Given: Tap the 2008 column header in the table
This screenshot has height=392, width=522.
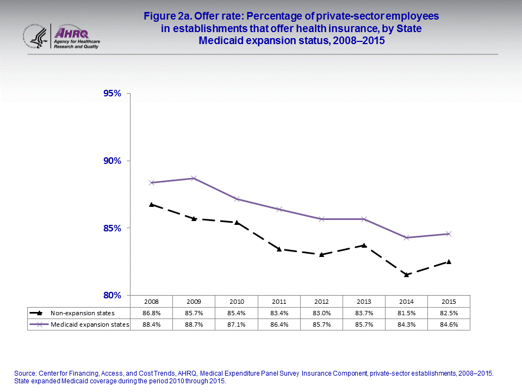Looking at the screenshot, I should (x=151, y=301).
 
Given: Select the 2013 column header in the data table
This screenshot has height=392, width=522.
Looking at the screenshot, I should (x=364, y=301).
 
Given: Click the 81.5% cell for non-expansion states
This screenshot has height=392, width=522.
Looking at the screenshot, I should (x=406, y=313).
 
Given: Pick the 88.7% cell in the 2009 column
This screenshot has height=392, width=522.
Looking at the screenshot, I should (x=194, y=324).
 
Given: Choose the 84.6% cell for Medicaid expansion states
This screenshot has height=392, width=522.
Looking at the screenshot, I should (x=449, y=324).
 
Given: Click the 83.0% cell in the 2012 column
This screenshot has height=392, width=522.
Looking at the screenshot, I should (x=321, y=313).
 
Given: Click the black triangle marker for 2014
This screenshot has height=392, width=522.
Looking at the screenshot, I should (x=406, y=274).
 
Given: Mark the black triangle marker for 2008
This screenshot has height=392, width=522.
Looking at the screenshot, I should (x=151, y=204).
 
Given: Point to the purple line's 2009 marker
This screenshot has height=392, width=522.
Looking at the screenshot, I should (x=194, y=178).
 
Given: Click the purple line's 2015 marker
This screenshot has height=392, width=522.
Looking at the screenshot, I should (x=449, y=234).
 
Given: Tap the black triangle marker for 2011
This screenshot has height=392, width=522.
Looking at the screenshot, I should (x=279, y=249).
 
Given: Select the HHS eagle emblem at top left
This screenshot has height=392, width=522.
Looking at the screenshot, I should (x=36, y=36).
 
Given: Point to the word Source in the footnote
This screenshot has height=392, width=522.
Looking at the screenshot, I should (x=25, y=373).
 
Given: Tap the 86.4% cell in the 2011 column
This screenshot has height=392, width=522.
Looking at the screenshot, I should (x=279, y=324).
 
